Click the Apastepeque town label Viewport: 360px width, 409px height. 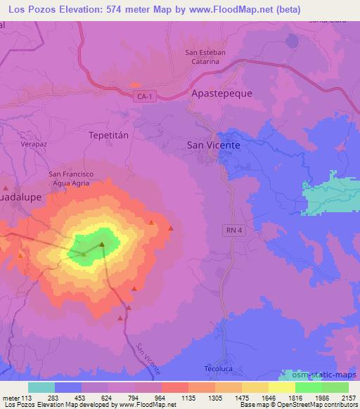coord(221,93)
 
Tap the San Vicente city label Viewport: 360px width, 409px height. coord(213,145)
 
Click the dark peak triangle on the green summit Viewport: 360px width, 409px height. coord(102,245)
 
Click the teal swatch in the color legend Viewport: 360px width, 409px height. coord(41,387)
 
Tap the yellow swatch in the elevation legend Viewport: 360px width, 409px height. coord(281,387)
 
